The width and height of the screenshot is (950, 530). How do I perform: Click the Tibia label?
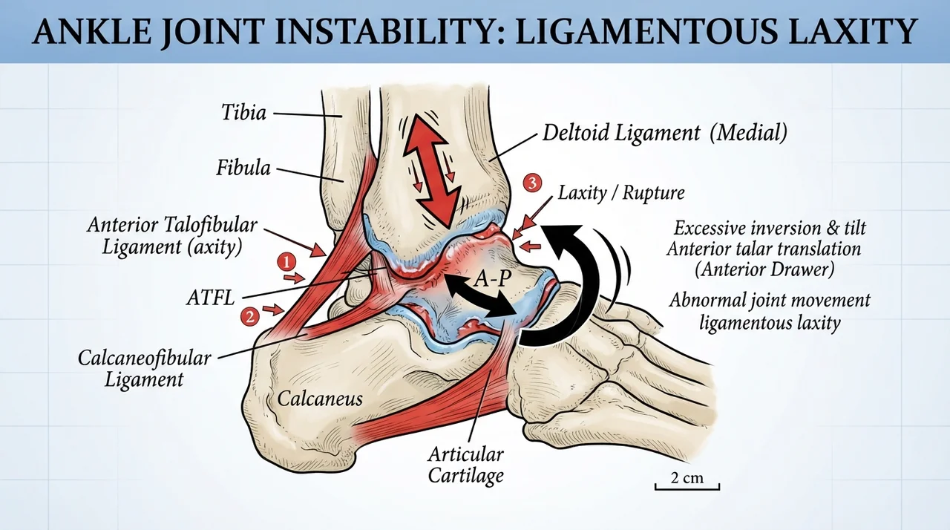(244, 113)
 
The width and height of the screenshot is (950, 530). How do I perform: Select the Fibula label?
(243, 168)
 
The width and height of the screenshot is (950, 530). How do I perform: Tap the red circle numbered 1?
(286, 263)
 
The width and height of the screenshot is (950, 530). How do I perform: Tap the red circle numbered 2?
(250, 317)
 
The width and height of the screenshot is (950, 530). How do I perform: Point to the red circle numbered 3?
(532, 183)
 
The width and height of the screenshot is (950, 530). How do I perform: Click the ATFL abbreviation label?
(211, 298)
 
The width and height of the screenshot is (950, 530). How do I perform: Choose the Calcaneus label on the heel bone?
(320, 399)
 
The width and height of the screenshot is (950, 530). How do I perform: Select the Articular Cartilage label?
(465, 465)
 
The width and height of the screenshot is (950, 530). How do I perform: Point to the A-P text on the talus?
(492, 278)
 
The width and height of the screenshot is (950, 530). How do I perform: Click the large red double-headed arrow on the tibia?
(432, 171)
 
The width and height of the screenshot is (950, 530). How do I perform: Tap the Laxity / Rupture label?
(621, 193)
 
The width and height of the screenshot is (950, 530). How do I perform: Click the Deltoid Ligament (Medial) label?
(665, 133)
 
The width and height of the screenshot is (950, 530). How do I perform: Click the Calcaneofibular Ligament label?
(144, 369)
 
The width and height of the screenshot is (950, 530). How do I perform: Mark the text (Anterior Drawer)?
(764, 270)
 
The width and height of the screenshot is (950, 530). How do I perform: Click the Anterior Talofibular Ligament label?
(172, 236)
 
